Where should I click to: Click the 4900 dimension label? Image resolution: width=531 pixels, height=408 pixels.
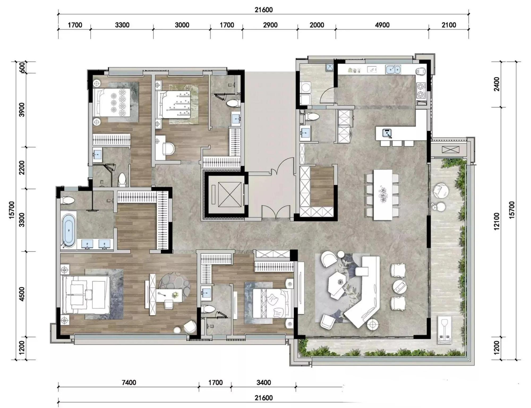tap(382, 25)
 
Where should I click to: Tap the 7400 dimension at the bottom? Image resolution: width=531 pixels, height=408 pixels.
tap(129, 383)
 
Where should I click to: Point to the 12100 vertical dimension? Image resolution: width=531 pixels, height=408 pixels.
tap(497, 221)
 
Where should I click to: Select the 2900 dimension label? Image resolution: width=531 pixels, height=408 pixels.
tap(270, 25)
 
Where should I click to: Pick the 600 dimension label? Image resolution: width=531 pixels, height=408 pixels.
tap(22, 67)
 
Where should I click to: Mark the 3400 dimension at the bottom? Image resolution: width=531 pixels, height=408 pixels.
tap(264, 383)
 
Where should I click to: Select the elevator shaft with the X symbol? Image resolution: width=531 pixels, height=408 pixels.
tap(226, 195)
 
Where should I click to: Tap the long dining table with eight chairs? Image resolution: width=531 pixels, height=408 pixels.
tap(383, 195)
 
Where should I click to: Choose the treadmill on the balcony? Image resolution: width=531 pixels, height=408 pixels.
tap(444, 330)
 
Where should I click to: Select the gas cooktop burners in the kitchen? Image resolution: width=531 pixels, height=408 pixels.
tap(421, 90)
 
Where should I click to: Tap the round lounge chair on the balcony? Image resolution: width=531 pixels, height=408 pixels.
tap(441, 191)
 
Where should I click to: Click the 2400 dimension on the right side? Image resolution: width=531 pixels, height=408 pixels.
tap(497, 84)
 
